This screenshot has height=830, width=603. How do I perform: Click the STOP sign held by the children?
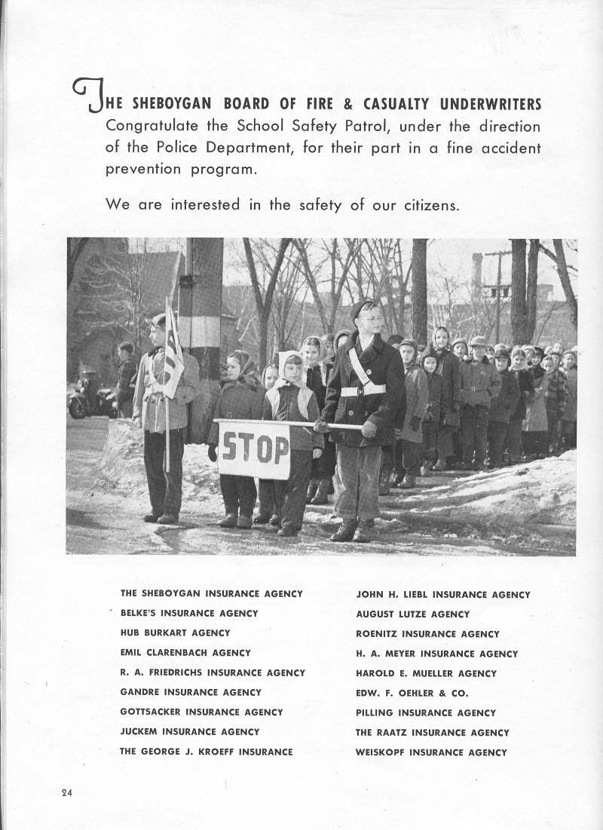coord(254,450)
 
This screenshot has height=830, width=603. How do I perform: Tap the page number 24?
coord(68,792)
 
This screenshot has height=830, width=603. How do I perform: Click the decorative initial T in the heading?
coord(88,96)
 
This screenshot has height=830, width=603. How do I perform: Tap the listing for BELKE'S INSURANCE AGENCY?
coord(189,614)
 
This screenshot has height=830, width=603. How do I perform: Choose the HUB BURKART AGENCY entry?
coord(175,633)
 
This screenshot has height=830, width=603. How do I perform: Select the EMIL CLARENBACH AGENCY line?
coord(185,653)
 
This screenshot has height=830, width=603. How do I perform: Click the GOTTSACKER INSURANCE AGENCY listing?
coord(201,712)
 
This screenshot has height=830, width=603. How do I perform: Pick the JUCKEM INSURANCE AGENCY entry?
coord(189,731)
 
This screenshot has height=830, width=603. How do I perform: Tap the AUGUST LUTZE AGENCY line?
coord(412,614)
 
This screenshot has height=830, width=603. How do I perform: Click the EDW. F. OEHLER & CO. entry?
coord(412,693)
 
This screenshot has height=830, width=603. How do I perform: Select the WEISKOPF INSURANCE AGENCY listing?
coord(431,752)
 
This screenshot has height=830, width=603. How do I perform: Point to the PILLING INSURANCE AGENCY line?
coord(426,712)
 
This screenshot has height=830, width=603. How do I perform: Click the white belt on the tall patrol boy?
coord(363,390)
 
